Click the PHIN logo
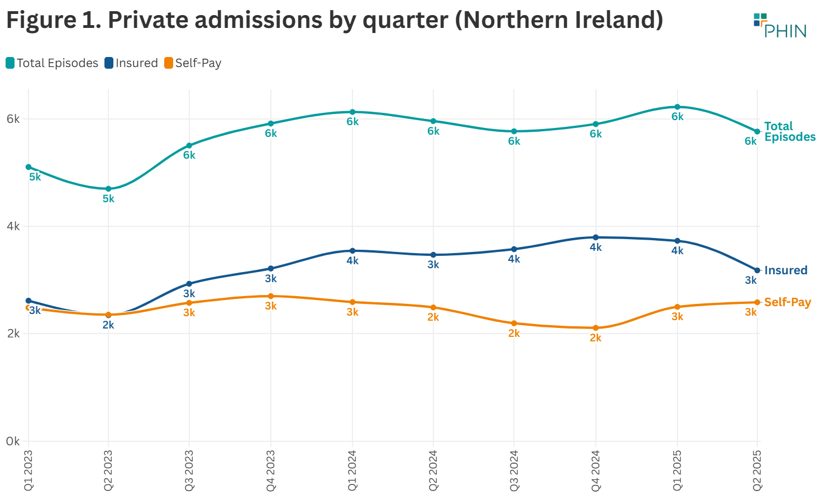(x=780, y=26)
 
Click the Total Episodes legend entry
(x=52, y=63)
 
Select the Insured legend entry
(x=131, y=63)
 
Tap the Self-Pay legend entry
(x=193, y=63)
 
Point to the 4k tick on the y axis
(x=13, y=226)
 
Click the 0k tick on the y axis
(x=13, y=441)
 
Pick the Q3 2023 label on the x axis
(x=189, y=470)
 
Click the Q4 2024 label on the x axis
(x=596, y=470)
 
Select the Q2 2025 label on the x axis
(x=757, y=470)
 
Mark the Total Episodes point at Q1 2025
(x=677, y=107)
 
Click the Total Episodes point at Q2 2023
(x=108, y=189)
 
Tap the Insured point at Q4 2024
(x=596, y=237)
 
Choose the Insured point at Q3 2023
(x=189, y=284)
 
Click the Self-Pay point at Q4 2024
(x=596, y=328)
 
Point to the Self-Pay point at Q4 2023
(x=271, y=296)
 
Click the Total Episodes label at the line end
(x=789, y=132)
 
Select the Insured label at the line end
(x=785, y=270)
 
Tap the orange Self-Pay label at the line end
(x=787, y=302)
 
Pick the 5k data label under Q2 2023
(x=108, y=199)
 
